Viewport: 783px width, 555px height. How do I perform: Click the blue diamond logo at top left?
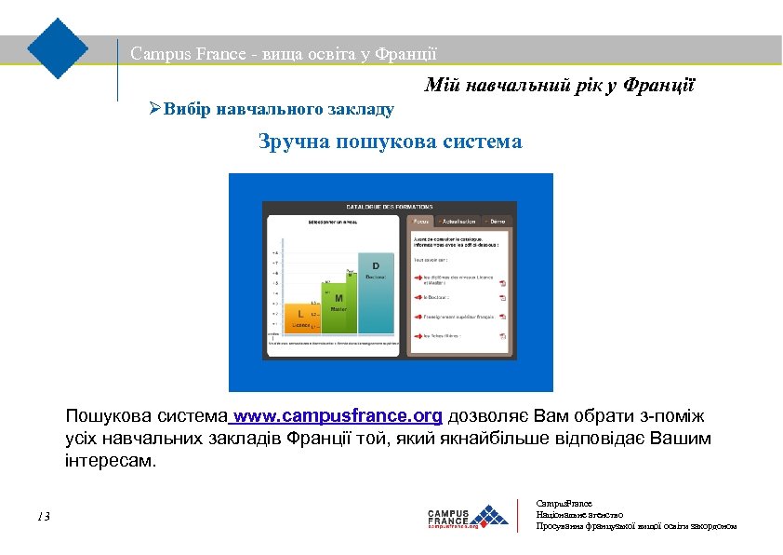coord(58,47)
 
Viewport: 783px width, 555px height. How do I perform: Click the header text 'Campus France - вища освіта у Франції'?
coord(284,54)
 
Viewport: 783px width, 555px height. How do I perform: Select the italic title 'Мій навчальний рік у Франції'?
coord(560,86)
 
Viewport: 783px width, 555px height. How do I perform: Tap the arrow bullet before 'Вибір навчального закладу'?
coord(155,109)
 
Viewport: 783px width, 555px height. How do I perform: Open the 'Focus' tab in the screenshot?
coord(420,222)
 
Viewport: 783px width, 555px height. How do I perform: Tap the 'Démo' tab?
coord(497,222)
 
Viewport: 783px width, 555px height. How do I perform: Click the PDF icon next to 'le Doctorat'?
coord(502,298)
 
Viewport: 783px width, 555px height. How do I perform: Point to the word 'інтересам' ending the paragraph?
coord(106,461)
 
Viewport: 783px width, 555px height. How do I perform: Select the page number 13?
coord(44,517)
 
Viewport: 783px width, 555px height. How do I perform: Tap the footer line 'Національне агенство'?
coord(579,514)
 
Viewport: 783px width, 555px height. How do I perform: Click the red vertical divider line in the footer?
coord(517,516)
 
